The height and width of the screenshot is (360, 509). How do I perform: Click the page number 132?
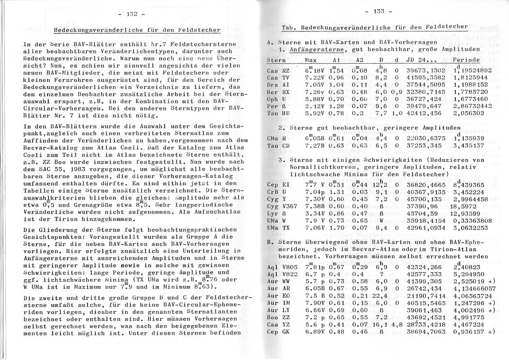[131, 14]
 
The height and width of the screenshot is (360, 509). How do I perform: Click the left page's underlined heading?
[137, 30]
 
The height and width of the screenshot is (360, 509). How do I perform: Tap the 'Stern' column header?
[276, 60]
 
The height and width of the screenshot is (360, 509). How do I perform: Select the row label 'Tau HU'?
[278, 113]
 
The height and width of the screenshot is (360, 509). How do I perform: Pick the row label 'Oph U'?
[276, 99]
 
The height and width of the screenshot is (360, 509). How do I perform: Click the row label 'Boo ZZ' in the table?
[278, 318]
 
